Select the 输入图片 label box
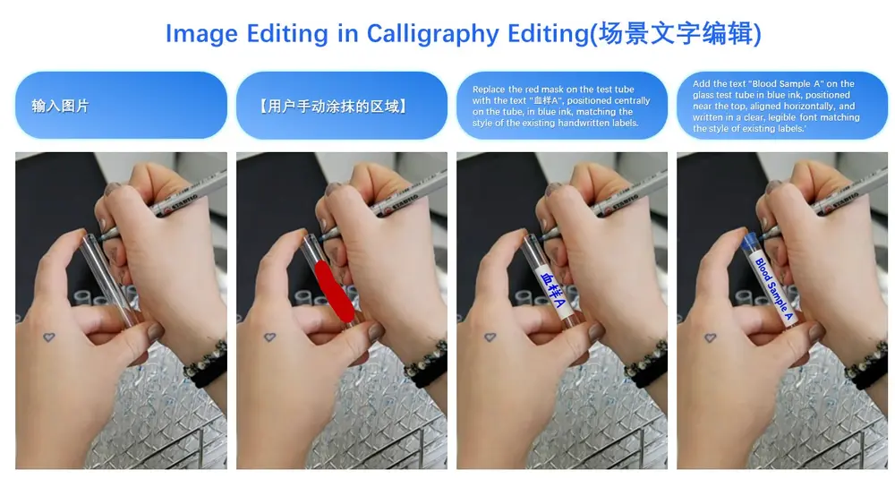(121, 106)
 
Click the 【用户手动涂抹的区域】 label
(341, 106)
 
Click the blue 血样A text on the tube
(553, 286)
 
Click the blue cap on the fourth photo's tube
(752, 239)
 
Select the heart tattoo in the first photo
(50, 337)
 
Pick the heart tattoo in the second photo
(270, 337)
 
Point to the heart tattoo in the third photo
(490, 337)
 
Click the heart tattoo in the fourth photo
(711, 337)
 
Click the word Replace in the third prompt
(489, 90)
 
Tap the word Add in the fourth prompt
(702, 84)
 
